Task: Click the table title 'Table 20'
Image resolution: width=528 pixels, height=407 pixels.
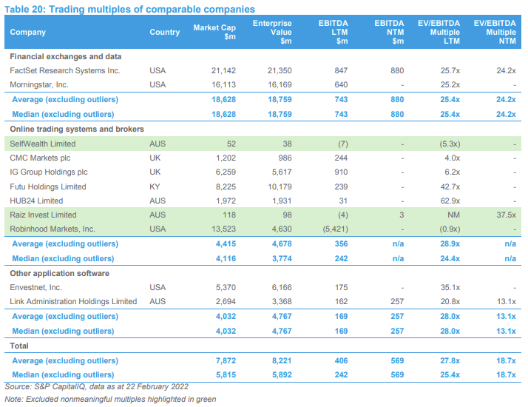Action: (24, 9)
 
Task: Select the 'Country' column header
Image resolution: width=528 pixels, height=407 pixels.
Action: (165, 32)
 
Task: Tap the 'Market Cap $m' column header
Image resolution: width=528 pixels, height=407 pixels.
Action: (214, 32)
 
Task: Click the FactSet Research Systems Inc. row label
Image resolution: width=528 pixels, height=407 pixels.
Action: (65, 70)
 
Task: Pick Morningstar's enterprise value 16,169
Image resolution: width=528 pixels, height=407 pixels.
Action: (280, 84)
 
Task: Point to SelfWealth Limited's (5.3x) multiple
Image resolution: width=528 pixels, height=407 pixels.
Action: (450, 144)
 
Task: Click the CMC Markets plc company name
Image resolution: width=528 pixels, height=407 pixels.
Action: (40, 158)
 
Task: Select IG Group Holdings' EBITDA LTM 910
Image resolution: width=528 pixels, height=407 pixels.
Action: (341, 172)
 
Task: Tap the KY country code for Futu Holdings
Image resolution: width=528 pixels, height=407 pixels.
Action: (155, 186)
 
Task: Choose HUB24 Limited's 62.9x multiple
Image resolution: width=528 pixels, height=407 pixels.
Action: (450, 201)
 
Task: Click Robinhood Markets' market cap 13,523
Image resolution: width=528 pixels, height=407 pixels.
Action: (223, 229)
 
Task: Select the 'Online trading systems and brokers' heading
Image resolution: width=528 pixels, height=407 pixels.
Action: (77, 129)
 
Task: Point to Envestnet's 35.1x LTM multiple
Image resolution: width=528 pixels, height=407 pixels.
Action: (450, 287)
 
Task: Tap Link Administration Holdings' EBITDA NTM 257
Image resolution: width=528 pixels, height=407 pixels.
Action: (397, 301)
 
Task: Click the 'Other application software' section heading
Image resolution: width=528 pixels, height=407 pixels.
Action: (60, 273)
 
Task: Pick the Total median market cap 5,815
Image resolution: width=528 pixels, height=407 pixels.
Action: (226, 374)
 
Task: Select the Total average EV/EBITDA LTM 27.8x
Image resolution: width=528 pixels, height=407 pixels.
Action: (450, 360)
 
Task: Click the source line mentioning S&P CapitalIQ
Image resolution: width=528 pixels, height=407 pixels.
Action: (96, 387)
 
